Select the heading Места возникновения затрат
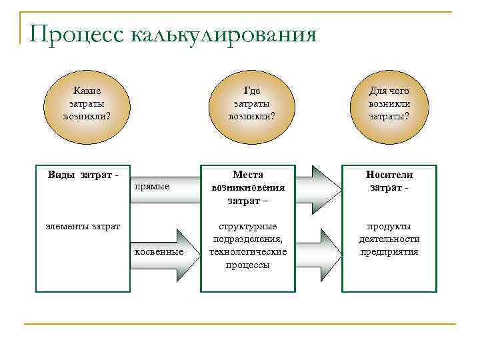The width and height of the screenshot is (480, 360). point(248,187)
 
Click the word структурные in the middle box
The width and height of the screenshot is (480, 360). point(248,227)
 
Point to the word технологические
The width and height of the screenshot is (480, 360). point(248,252)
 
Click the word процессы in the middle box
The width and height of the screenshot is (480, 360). point(248,265)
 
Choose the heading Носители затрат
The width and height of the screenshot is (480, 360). point(389,181)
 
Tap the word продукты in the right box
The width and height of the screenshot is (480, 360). point(389,227)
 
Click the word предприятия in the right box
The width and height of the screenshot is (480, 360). point(389,252)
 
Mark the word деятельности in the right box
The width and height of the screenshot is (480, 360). point(389,239)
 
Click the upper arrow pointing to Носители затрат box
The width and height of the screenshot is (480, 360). point(317,187)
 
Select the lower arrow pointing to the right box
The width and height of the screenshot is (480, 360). point(317,251)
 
